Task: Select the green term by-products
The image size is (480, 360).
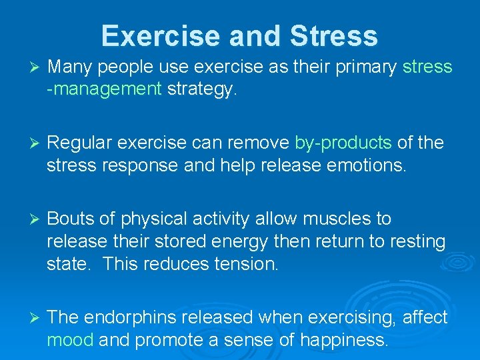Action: pos(343,143)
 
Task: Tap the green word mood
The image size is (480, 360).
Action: pos(70,340)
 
